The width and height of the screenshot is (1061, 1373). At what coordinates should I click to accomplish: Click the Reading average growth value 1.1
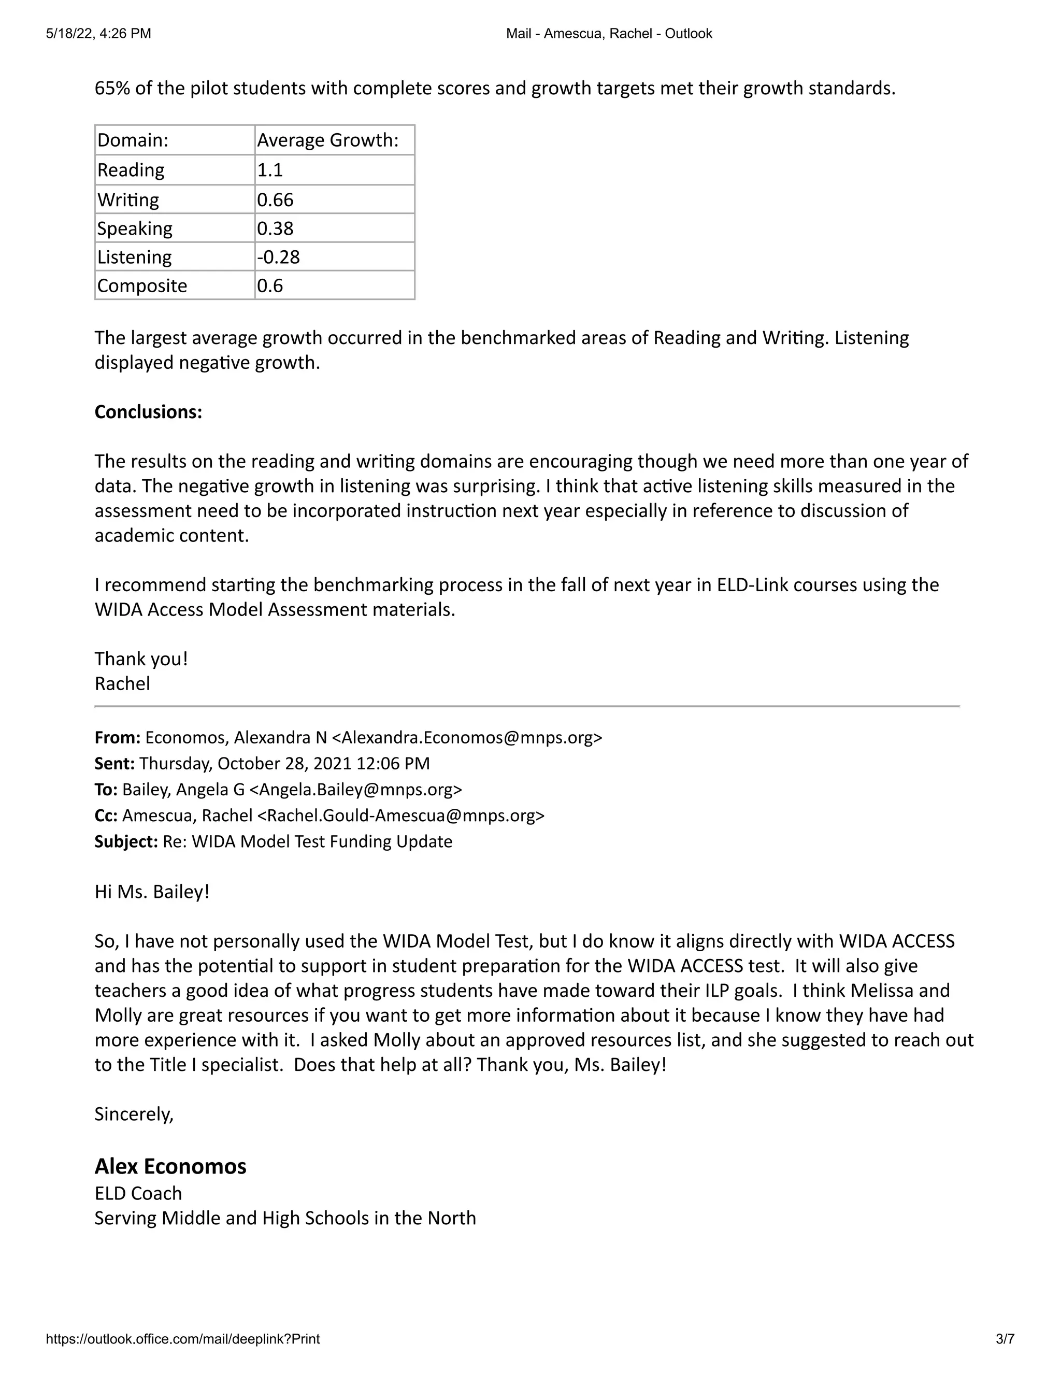pos(270,170)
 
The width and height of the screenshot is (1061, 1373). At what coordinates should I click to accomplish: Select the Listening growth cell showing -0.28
pos(278,257)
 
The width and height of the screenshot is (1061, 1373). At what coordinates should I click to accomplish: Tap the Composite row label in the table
pos(142,286)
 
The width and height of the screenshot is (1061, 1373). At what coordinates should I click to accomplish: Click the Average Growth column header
pos(327,140)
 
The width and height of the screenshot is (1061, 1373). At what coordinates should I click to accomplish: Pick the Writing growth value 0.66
pos(275,200)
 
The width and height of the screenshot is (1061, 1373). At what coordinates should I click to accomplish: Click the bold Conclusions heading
pos(148,412)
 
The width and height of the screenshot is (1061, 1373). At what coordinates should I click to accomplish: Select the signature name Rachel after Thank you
pos(122,684)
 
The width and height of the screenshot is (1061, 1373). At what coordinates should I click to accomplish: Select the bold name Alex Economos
pos(170,1166)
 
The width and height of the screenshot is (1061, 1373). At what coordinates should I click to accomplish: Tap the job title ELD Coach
pos(138,1193)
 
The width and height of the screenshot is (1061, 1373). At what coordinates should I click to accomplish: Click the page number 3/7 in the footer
pos(1005,1339)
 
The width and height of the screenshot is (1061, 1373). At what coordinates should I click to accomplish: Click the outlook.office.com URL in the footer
pos(182,1339)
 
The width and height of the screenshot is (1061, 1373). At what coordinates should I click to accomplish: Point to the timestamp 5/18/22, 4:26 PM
pos(98,33)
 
